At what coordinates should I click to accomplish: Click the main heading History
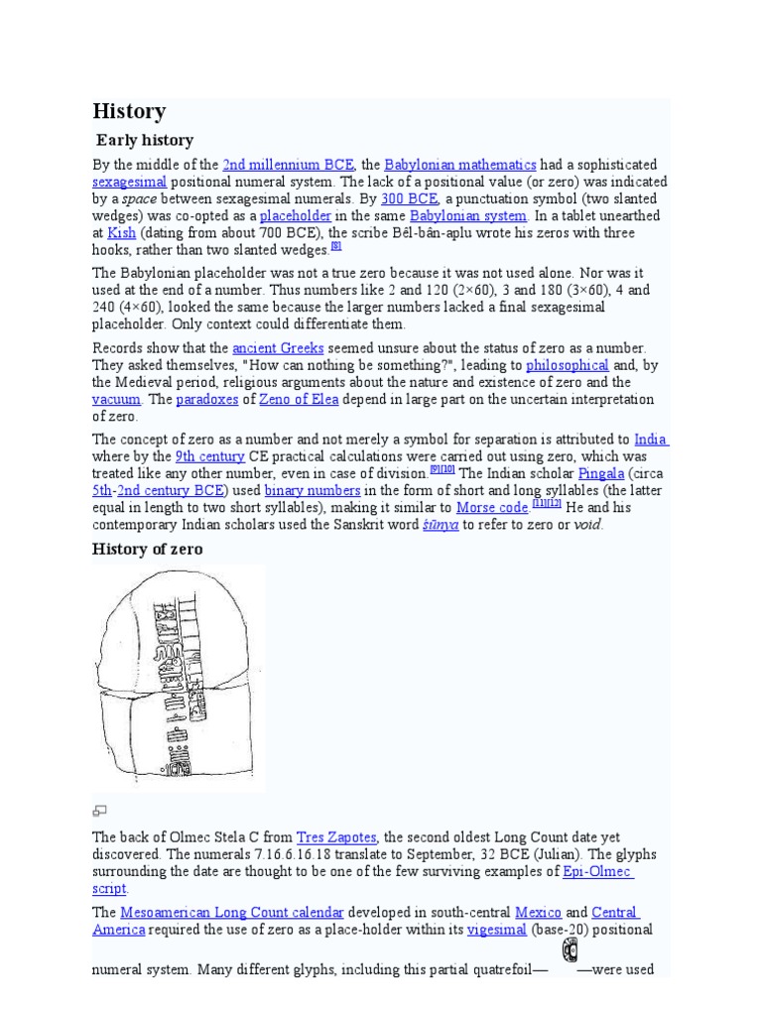pyautogui.click(x=129, y=111)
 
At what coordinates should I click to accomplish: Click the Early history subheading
pyautogui.click(x=145, y=140)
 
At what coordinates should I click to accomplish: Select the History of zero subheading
pyautogui.click(x=148, y=549)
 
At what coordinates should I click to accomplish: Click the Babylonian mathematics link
pyautogui.click(x=460, y=165)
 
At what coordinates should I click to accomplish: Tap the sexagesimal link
pyautogui.click(x=130, y=183)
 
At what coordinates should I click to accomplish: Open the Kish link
pyautogui.click(x=121, y=232)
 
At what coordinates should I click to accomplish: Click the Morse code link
pyautogui.click(x=491, y=507)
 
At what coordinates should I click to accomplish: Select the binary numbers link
pyautogui.click(x=320, y=490)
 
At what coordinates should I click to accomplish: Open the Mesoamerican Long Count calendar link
pyautogui.click(x=232, y=912)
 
